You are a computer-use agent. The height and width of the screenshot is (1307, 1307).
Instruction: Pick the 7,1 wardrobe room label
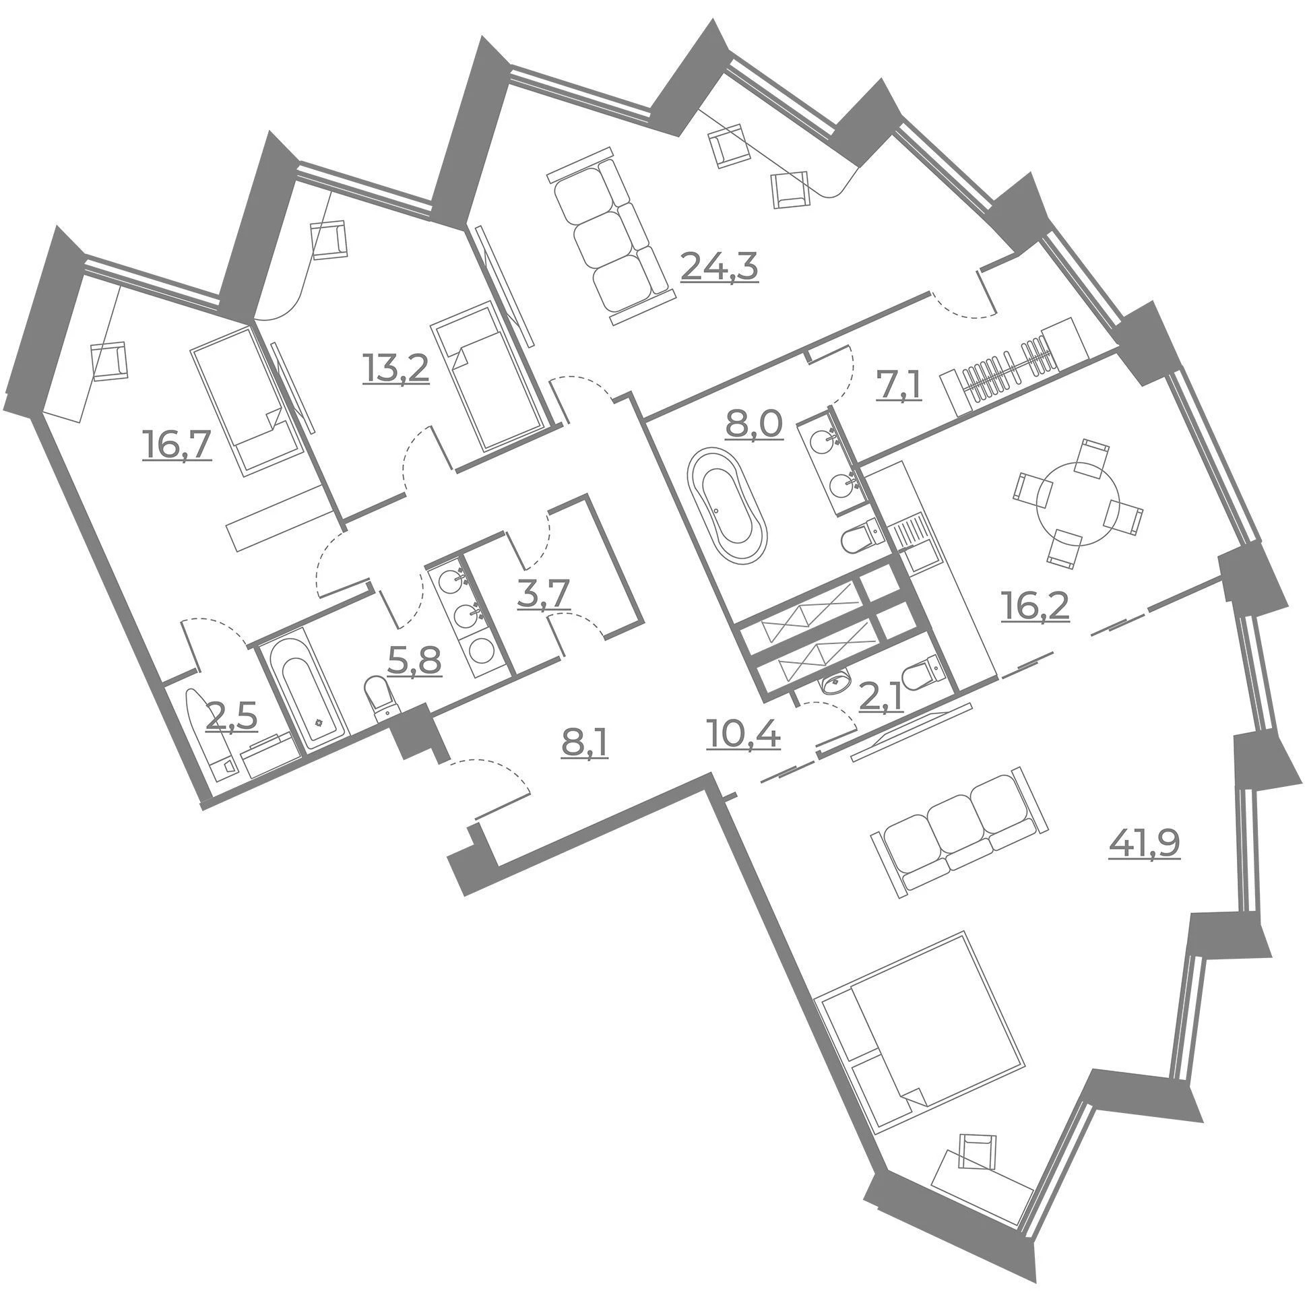pyautogui.click(x=899, y=387)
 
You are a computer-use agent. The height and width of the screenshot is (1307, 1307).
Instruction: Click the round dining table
pyautogui.click(x=1077, y=500)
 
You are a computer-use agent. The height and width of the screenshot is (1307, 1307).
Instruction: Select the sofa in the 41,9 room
pyautogui.click(x=961, y=832)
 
